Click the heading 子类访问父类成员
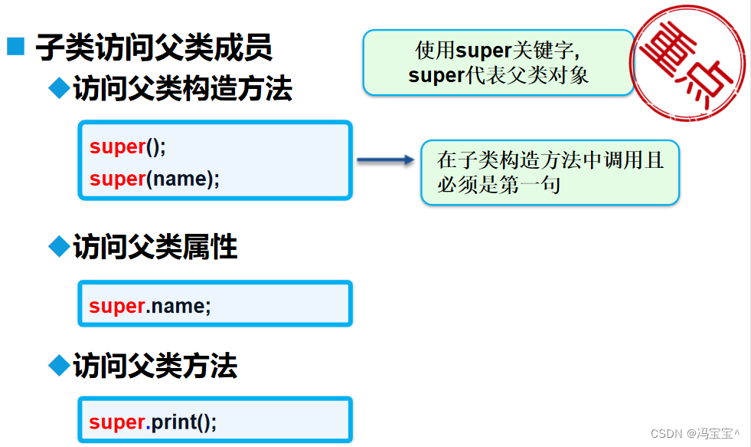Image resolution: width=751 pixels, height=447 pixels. [x=154, y=48]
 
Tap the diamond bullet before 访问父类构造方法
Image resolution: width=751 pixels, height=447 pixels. [x=59, y=88]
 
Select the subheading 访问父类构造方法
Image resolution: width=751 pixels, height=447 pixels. [x=182, y=90]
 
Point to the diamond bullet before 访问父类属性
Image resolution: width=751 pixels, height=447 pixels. [x=59, y=246]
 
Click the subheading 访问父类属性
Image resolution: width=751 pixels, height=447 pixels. [x=155, y=248]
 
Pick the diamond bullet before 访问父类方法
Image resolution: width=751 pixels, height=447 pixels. [x=59, y=365]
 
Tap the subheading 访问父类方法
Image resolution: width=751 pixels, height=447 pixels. [x=155, y=366]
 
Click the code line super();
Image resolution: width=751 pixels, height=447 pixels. [x=128, y=147]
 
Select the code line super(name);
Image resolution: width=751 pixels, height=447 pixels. [x=155, y=179]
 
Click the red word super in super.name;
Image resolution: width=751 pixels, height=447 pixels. [x=117, y=306]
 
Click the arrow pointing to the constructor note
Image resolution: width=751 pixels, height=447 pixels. [x=385, y=160]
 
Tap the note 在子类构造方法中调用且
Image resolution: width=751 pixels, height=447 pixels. [x=550, y=161]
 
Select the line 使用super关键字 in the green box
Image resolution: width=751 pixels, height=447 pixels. [x=498, y=51]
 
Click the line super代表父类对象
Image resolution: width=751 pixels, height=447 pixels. [x=498, y=75]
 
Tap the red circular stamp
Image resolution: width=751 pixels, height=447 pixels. [x=687, y=63]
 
